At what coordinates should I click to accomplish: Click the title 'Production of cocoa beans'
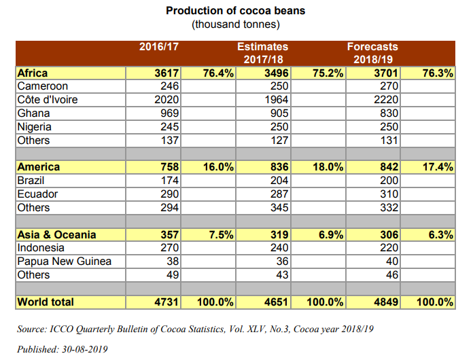(x=236, y=12)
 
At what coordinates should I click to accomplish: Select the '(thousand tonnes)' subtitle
(x=236, y=24)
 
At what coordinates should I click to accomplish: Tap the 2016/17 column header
(x=158, y=47)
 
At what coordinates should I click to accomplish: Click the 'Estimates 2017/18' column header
(x=262, y=53)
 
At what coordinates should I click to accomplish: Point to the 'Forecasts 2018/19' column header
(x=372, y=53)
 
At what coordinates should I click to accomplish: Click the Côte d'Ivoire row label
(x=47, y=100)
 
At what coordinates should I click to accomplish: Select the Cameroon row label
(x=42, y=86)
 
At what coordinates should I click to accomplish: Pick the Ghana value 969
(x=168, y=113)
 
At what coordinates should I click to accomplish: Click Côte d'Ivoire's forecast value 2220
(x=385, y=100)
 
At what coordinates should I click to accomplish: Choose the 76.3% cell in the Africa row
(x=437, y=73)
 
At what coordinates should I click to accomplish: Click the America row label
(x=38, y=167)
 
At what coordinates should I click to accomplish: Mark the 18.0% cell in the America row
(x=327, y=167)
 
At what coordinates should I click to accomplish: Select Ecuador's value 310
(x=388, y=194)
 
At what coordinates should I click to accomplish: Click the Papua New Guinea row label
(x=65, y=262)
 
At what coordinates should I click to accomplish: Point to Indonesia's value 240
(x=278, y=248)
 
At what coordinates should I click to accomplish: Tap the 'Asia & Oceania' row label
(x=56, y=234)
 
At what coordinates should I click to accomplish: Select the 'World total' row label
(x=46, y=302)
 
